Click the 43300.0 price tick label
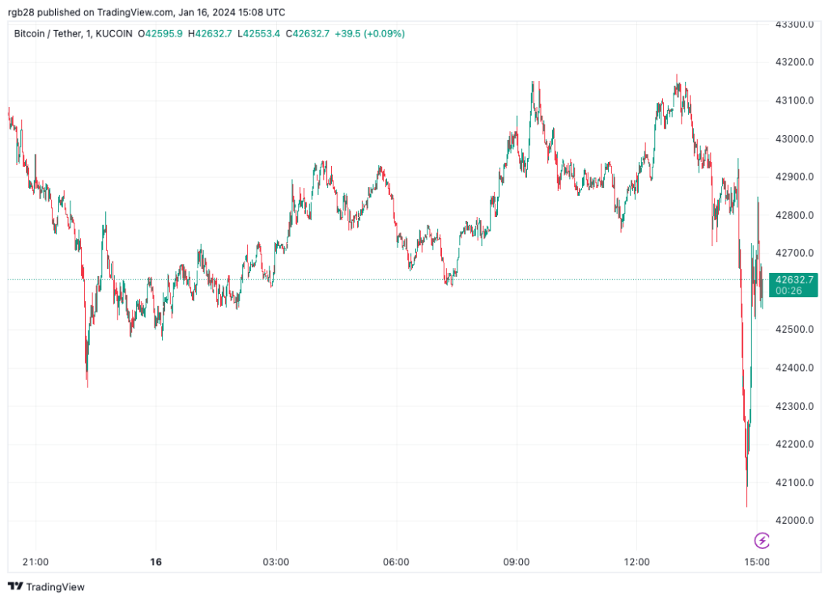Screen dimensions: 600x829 pos(793,24)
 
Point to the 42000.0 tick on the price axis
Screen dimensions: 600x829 pos(793,521)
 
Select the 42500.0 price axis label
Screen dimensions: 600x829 pos(793,330)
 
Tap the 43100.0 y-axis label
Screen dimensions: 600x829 pos(793,100)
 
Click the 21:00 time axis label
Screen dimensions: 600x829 pos(36,561)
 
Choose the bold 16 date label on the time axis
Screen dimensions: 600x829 pos(155,561)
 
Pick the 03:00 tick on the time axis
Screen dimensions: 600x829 pos(276,561)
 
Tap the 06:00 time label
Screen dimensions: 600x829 pos(396,561)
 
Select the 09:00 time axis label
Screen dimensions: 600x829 pos(517,561)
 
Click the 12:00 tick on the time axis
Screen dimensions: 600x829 pos(637,561)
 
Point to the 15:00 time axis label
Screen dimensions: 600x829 pos(757,561)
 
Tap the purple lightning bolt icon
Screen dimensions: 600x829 pos(762,540)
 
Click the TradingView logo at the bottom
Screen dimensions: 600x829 pos(46,586)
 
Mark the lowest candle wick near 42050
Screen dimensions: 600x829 pos(746,504)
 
